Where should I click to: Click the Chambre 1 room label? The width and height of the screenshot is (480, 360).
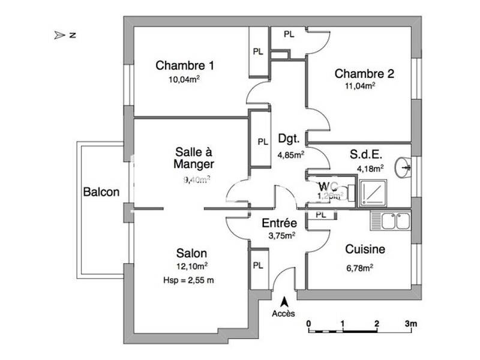click(x=185, y=65)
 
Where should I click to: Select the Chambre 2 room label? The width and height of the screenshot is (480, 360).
click(x=364, y=74)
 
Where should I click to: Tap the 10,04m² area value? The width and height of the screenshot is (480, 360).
click(x=184, y=78)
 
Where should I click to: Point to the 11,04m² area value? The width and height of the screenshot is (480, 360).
click(x=360, y=86)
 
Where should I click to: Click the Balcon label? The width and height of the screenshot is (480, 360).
click(x=101, y=193)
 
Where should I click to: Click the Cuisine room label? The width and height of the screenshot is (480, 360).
click(x=365, y=249)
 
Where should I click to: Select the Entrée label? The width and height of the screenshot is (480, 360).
click(x=280, y=223)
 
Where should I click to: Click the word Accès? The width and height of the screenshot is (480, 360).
click(x=283, y=314)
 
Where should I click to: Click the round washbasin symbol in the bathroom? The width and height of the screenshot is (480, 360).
click(x=404, y=166)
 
